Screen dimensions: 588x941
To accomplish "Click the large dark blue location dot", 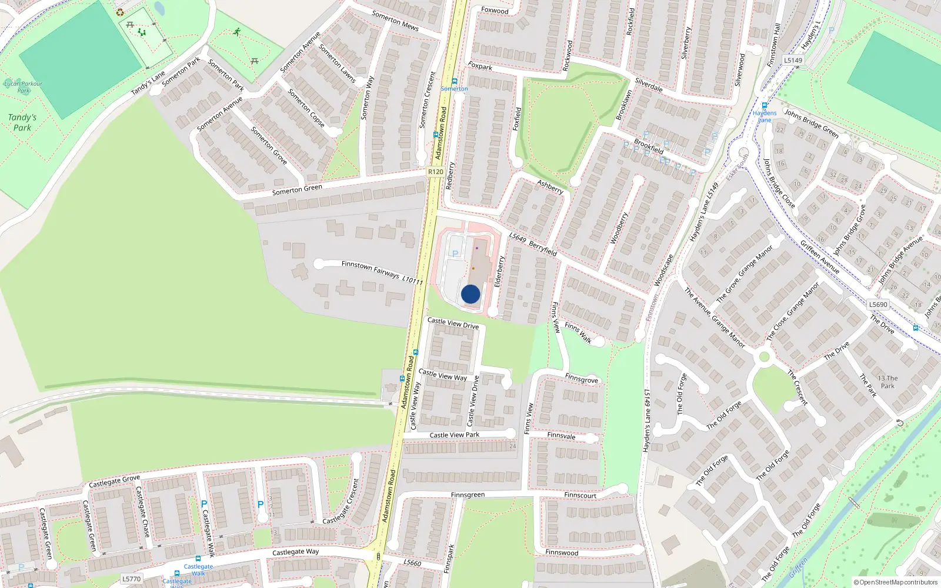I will point(470,294).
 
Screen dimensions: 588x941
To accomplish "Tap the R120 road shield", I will point(435,172).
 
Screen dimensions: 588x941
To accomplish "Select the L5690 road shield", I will point(878,305).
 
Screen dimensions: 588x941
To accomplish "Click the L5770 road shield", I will point(131,579).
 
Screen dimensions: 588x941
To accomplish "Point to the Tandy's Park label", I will point(22,122).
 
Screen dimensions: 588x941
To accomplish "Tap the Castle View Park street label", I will point(454,435).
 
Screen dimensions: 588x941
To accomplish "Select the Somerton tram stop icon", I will point(454,81).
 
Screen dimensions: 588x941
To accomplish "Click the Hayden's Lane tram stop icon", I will point(765,106).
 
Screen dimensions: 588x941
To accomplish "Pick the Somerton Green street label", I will point(297,189).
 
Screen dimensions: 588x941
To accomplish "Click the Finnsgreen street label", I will point(468,495).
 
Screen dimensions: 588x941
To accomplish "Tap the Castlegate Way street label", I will point(295,552).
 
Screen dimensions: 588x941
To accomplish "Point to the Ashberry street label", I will point(550,186).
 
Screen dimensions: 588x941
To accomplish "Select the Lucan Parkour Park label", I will point(24,87).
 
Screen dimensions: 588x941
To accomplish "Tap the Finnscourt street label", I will point(580,495).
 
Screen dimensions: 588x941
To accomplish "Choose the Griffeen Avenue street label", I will point(819,256).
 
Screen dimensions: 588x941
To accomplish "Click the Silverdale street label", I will point(649,85).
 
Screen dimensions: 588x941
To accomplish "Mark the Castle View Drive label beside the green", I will point(453,323).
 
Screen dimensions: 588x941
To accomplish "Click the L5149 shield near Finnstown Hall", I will point(793,60).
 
